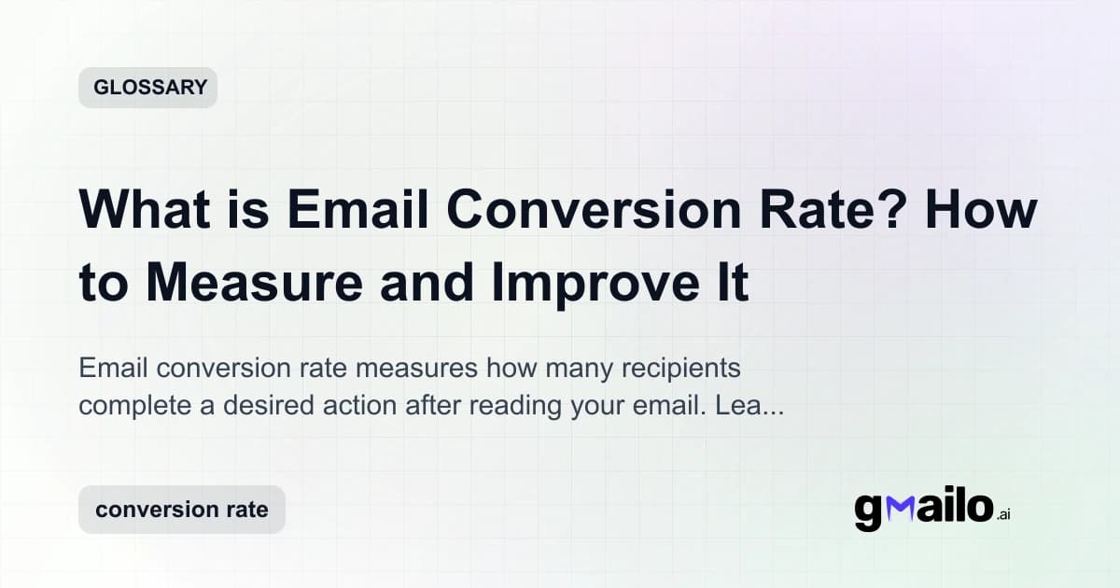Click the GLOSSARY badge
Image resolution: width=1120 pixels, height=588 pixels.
147,89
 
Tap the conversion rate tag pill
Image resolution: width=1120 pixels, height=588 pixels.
181,510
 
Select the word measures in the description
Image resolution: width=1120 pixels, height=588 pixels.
419,370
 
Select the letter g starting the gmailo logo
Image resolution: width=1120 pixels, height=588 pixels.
868,512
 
